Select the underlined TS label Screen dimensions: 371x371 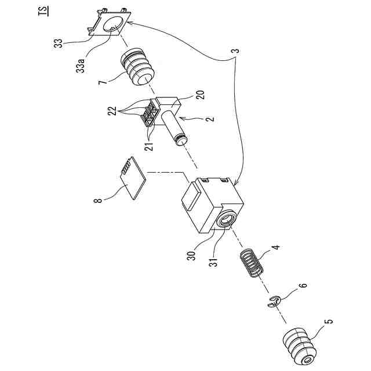(x=45, y=11)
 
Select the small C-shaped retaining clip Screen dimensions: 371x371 (x=276, y=300)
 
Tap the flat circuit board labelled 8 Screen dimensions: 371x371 (x=130, y=177)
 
